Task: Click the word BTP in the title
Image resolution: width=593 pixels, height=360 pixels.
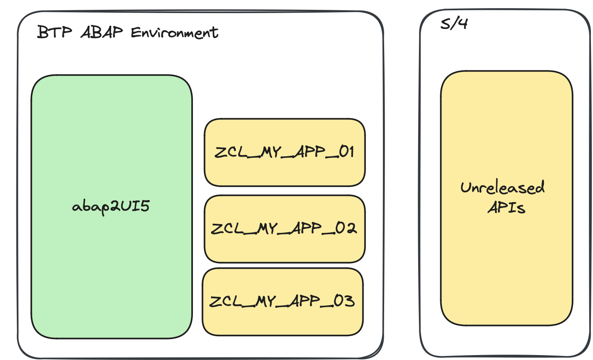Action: point(54,32)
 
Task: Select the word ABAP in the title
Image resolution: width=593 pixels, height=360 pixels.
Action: point(102,32)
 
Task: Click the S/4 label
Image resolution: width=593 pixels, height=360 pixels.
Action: point(454,23)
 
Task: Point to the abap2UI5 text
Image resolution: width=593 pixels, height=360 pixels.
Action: point(111,206)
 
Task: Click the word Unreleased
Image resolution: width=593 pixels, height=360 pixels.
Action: point(502,187)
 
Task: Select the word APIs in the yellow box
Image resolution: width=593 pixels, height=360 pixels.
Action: point(506,207)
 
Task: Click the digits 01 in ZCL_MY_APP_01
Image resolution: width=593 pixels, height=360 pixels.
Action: point(346,152)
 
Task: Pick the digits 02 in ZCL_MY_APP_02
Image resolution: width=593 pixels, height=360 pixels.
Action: point(346,228)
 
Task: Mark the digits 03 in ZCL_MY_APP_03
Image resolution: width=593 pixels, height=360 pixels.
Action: point(344,301)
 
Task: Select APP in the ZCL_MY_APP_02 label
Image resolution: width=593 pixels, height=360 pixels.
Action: point(306,228)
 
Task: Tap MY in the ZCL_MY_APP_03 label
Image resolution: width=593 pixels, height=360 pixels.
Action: point(267,301)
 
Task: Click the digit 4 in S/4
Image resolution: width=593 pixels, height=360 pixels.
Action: point(462,23)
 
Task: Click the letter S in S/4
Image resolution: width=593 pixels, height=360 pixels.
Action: point(445,24)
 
